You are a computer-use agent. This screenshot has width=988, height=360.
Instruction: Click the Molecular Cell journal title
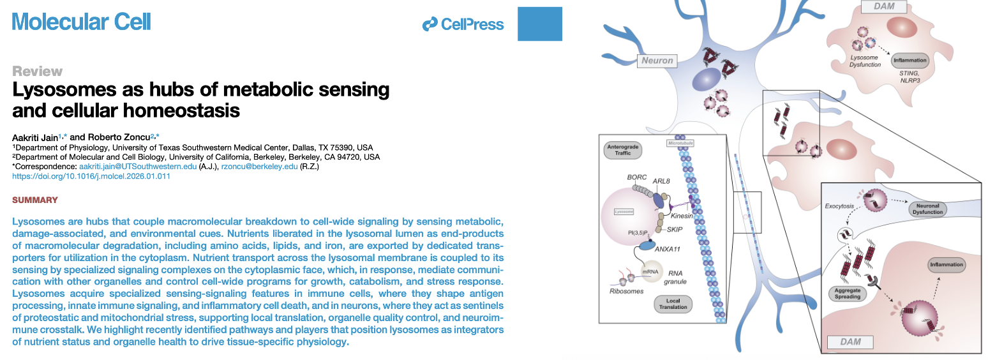coord(82,22)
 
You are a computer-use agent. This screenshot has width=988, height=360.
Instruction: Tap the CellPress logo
coord(463,25)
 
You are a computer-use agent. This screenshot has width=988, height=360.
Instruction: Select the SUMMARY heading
coord(35,200)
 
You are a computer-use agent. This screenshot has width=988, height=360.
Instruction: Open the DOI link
coord(91,176)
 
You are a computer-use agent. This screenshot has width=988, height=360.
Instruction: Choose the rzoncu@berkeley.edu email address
coord(260,167)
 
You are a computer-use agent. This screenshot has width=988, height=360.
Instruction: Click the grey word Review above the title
coord(38,71)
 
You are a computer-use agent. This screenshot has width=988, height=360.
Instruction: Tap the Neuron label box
coord(657,61)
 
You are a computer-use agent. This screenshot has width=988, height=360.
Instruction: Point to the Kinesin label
coord(684,216)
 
